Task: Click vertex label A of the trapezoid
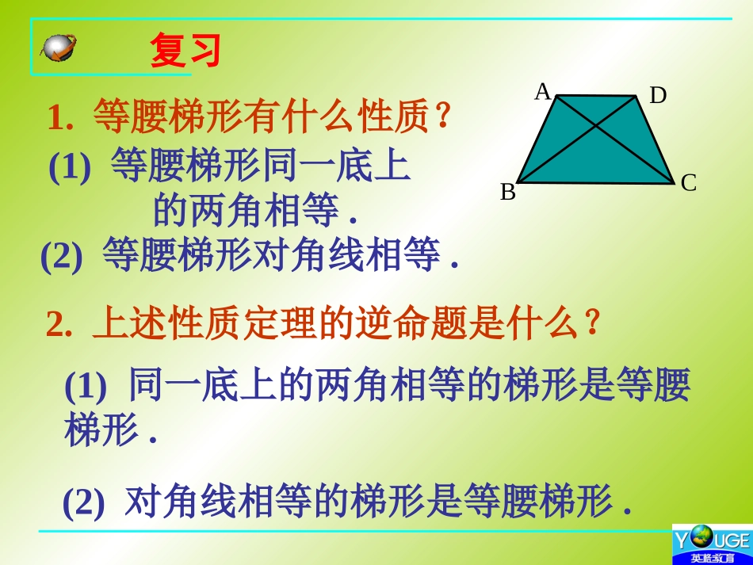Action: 542,93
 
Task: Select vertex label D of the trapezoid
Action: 658,96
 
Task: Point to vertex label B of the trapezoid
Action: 507,192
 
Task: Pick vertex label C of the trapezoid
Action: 688,184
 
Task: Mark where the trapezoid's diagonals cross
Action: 597,126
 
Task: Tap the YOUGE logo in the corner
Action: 712,544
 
